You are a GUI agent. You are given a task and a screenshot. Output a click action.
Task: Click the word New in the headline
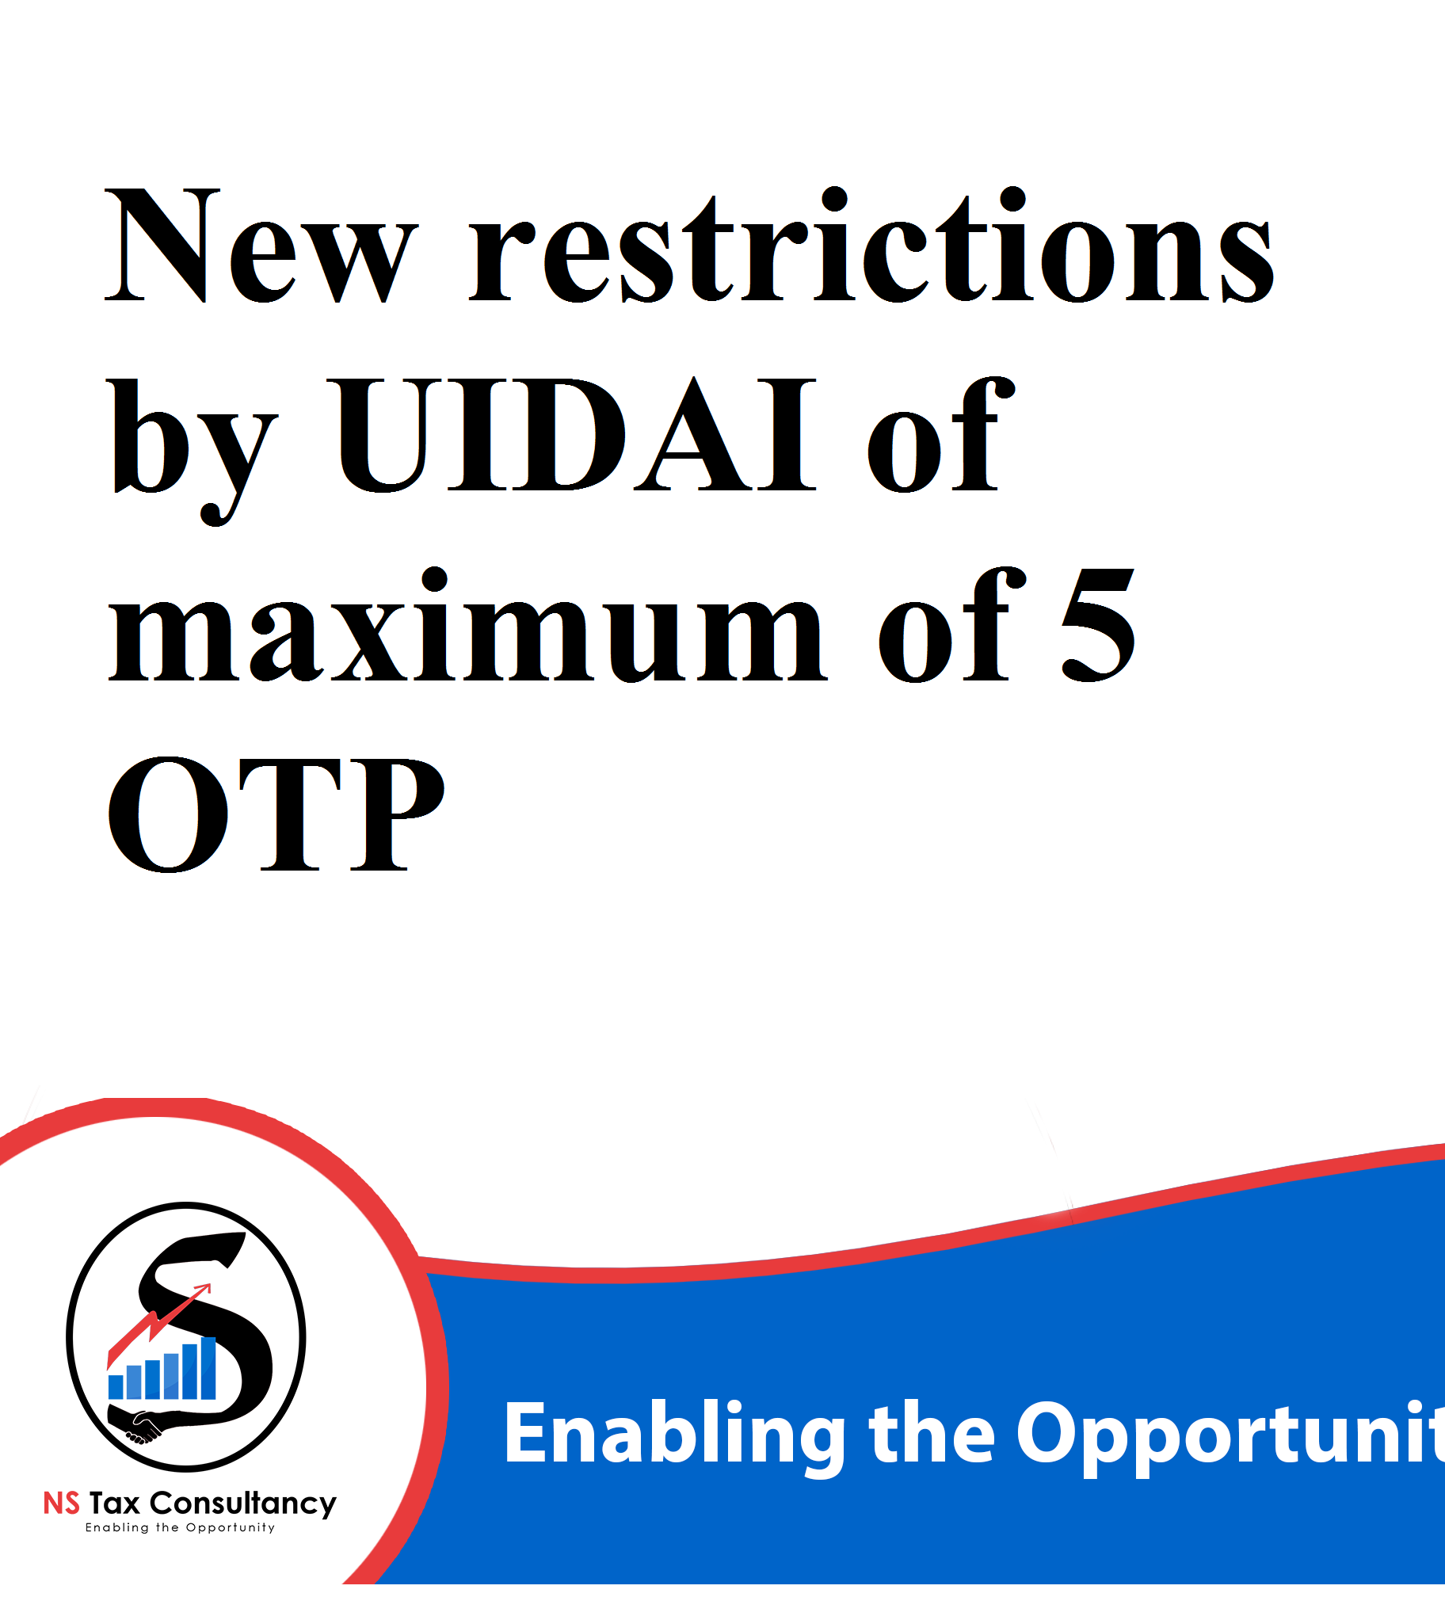click(261, 246)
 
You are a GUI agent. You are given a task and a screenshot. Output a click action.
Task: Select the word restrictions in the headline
click(871, 246)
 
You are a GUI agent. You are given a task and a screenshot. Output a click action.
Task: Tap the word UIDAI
click(576, 434)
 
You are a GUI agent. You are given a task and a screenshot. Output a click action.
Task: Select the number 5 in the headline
click(1098, 626)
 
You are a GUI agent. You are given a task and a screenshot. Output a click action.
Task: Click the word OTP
click(275, 815)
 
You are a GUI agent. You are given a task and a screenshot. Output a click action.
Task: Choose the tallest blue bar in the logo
click(208, 1368)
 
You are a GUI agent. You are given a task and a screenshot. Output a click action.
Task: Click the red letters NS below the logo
click(61, 1504)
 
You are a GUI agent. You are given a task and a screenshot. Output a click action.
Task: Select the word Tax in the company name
click(115, 1504)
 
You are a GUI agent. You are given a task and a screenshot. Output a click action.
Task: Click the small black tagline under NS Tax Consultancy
click(180, 1528)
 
